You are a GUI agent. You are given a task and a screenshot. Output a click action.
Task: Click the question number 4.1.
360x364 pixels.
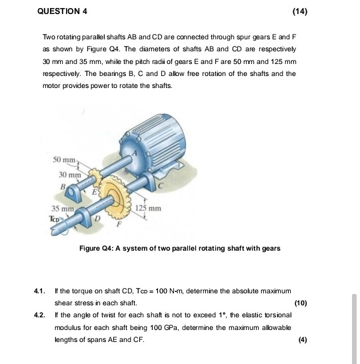[x=39, y=292]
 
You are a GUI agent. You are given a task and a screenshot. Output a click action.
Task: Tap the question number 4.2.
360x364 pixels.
[x=39, y=315]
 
